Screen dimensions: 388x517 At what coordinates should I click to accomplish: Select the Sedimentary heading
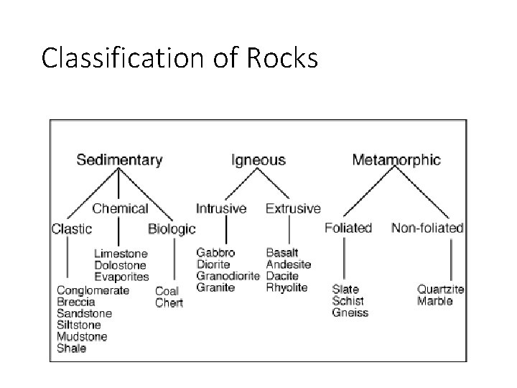point(119,160)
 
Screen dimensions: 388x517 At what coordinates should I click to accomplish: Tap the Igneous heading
point(258,160)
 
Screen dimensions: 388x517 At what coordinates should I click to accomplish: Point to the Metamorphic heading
point(396,160)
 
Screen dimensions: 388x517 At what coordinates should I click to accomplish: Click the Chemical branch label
point(120,208)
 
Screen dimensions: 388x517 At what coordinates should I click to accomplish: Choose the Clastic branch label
point(72,229)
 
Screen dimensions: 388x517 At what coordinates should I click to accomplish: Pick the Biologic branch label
point(172,229)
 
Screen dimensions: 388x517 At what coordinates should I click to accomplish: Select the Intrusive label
point(222,208)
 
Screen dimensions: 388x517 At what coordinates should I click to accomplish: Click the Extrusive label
point(293,208)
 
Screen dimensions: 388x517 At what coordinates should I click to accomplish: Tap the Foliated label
point(348,228)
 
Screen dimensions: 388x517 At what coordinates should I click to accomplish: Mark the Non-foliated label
point(427,228)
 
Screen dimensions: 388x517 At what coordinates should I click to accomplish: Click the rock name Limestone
point(121,254)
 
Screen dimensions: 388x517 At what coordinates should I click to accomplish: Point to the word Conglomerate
point(93,290)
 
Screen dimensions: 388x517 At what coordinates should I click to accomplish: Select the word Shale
point(72,348)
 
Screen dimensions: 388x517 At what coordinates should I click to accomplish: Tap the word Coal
point(167,292)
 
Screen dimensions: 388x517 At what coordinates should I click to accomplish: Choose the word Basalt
point(282,253)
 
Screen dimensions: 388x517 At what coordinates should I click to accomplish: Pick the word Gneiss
point(350,313)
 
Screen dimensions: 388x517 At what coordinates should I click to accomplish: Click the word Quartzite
point(441,290)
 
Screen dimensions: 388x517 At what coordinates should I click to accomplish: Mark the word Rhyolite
point(287,287)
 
